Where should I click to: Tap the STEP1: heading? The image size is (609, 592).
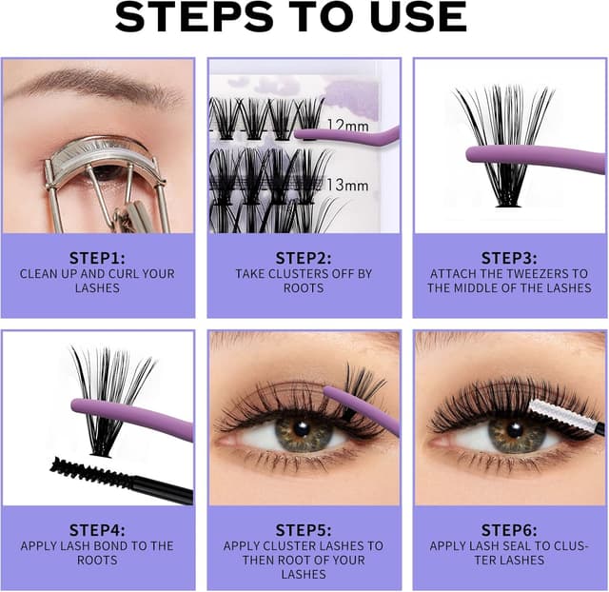[x=97, y=258]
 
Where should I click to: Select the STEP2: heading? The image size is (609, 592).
[x=304, y=258]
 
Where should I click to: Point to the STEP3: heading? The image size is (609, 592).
[x=509, y=258]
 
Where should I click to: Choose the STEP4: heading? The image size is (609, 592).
[x=97, y=530]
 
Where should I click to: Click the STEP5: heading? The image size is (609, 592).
[x=304, y=530]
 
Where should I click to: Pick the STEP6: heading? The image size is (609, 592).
[x=509, y=530]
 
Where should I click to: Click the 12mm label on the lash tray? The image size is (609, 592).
[x=348, y=125]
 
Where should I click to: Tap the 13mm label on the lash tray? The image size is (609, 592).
[x=347, y=185]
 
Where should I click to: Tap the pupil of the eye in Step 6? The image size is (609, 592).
[x=515, y=429]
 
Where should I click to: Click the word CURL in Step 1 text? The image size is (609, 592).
[x=123, y=274]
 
